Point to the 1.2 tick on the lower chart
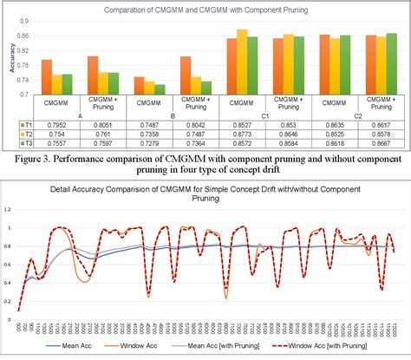pyautogui.click(x=10, y=210)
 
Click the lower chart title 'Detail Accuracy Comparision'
pyautogui.click(x=173, y=188)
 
